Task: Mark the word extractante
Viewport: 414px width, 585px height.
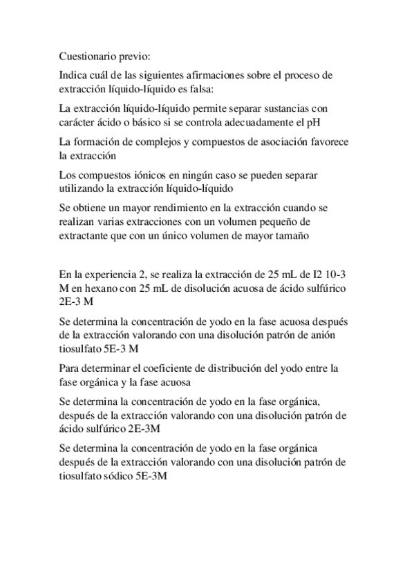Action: [x=86, y=237]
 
